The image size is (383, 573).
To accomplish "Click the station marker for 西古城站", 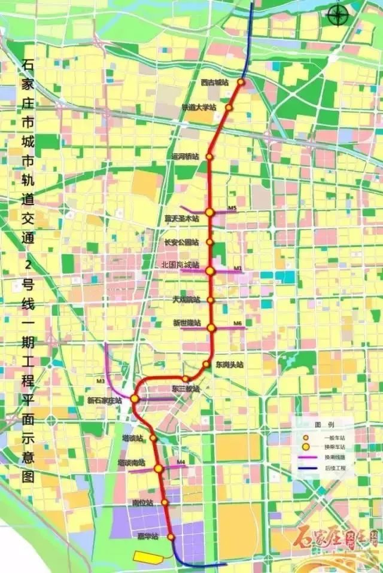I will (242, 82).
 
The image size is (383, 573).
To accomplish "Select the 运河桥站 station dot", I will (209, 157).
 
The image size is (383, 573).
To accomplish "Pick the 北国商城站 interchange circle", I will (210, 271).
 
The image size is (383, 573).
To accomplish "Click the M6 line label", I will (238, 324).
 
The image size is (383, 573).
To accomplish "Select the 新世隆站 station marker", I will (211, 327).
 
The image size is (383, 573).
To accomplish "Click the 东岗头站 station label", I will (230, 364).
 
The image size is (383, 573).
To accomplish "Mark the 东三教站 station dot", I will (186, 379).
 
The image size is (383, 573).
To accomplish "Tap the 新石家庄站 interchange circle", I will (135, 398).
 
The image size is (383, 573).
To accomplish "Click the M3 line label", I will (100, 381).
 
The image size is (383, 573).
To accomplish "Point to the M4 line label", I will (181, 462).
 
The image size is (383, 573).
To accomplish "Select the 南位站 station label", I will (142, 502).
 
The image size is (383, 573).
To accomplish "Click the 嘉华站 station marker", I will (170, 537).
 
